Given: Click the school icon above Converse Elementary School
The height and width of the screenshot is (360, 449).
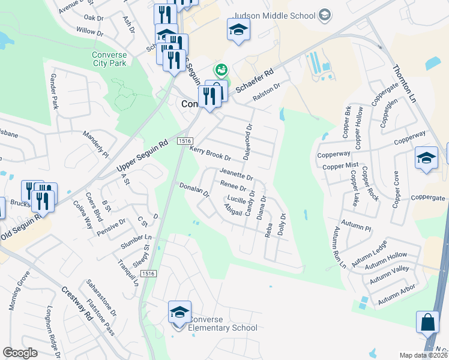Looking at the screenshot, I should pyautogui.click(x=179, y=313).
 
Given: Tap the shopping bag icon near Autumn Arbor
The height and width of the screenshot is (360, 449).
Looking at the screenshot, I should pyautogui.click(x=427, y=322).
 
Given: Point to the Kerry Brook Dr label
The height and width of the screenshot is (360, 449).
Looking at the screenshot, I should pyautogui.click(x=211, y=153).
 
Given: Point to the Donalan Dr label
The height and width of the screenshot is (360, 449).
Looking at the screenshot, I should pyautogui.click(x=194, y=191).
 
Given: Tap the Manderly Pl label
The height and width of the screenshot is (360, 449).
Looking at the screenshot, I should pyautogui.click(x=96, y=144).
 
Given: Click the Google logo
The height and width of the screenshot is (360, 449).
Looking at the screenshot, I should pyautogui.click(x=20, y=353).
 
